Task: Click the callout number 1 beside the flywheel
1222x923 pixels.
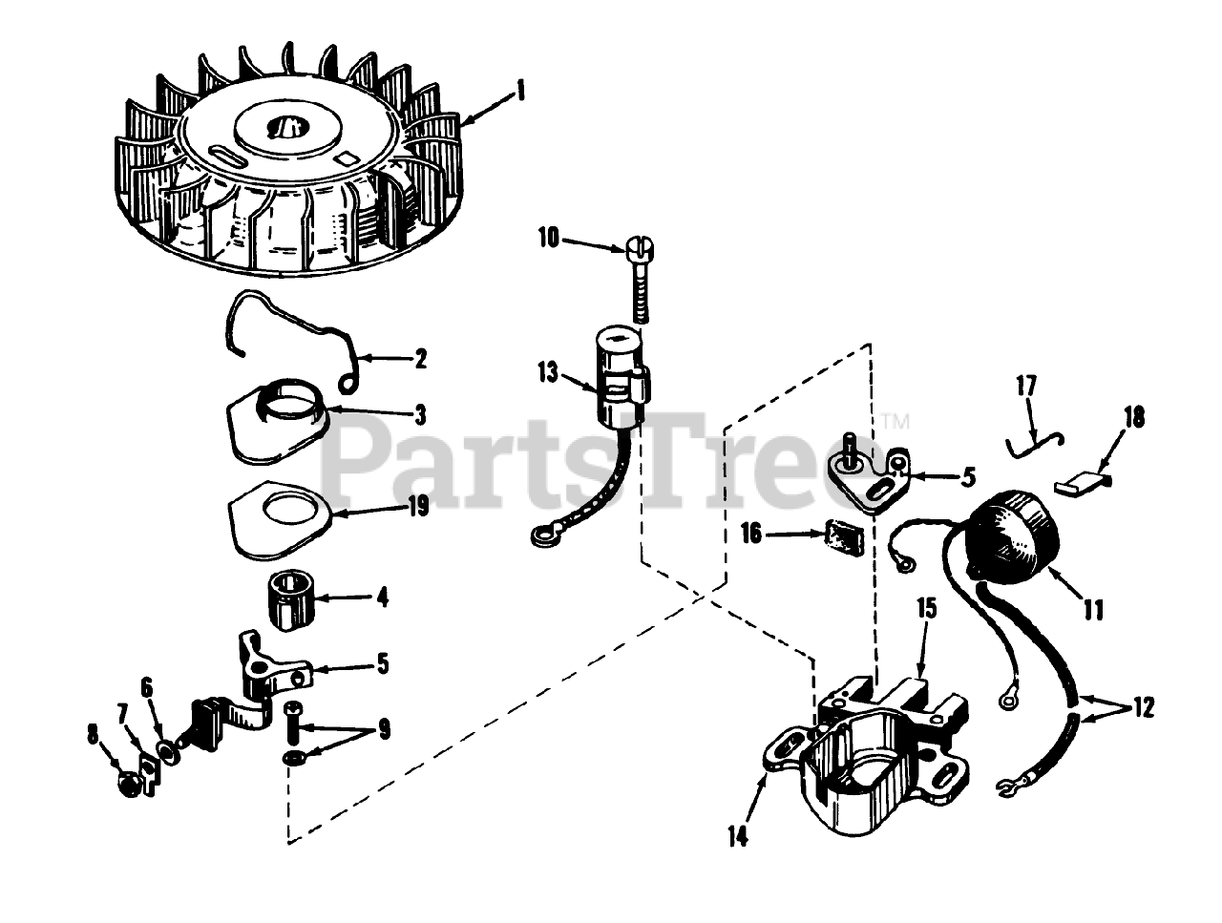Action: pyautogui.click(x=520, y=91)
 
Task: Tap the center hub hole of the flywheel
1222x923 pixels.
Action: pyautogui.click(x=285, y=127)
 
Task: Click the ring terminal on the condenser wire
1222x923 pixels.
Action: pyautogui.click(x=540, y=535)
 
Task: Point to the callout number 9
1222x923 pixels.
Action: pyautogui.click(x=384, y=729)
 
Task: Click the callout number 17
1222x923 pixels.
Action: pyautogui.click(x=1026, y=386)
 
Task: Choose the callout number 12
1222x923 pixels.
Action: pyautogui.click(x=1144, y=708)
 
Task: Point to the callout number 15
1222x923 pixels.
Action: pyautogui.click(x=927, y=609)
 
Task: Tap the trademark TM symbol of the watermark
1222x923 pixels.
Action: pyautogui.click(x=895, y=421)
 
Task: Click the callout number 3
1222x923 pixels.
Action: pyautogui.click(x=420, y=415)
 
